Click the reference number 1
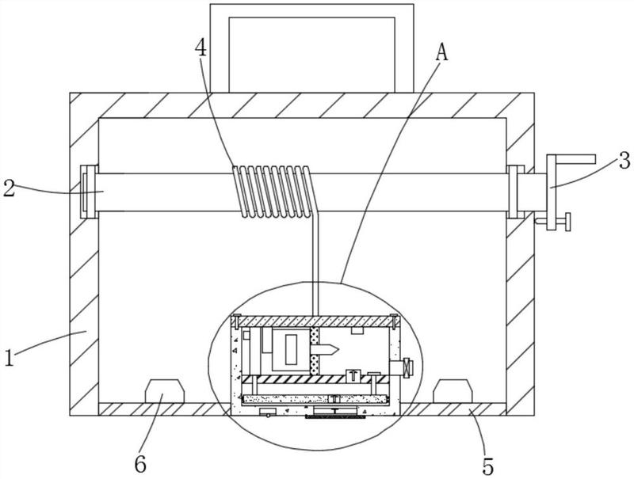(x=9, y=357)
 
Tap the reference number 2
(x=10, y=188)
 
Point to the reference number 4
(x=201, y=48)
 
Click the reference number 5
(x=488, y=467)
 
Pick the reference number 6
(x=140, y=465)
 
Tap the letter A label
(x=442, y=52)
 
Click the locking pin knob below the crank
(x=568, y=222)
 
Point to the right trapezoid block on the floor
(x=453, y=391)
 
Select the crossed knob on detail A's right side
(x=409, y=367)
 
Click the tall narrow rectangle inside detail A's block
(x=292, y=348)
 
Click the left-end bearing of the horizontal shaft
(x=89, y=192)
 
